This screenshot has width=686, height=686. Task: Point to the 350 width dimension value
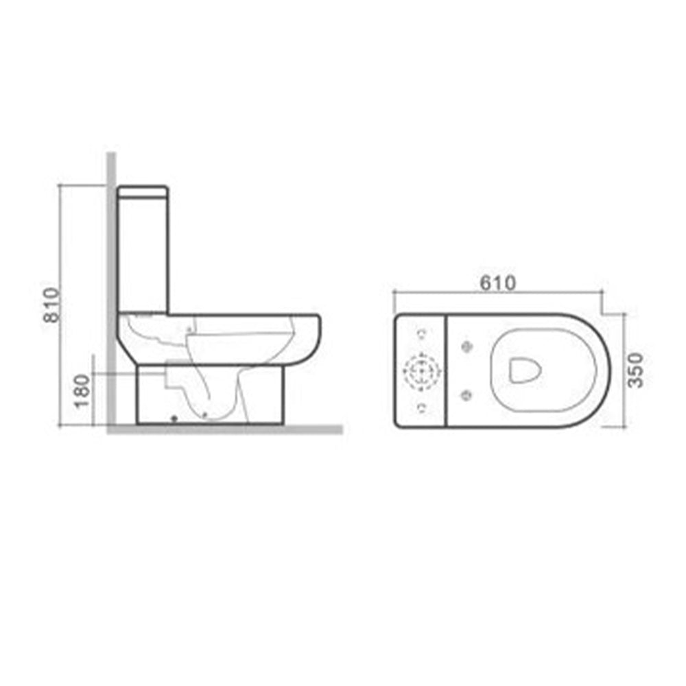pos(636,370)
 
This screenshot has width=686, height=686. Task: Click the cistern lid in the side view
pos(143,191)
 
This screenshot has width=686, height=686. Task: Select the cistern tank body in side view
pos(143,254)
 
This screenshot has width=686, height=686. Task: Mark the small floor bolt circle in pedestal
pos(174,417)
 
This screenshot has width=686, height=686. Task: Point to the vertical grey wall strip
pos(110,288)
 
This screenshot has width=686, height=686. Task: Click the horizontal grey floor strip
pos(226,429)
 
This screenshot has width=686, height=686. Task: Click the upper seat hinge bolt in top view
pos(468,344)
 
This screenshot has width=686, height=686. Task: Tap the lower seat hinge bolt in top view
pos(468,394)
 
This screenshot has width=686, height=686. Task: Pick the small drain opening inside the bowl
pos(525,370)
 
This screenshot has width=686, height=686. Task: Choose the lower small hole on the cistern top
pos(420,408)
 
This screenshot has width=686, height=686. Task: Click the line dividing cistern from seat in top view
pos(447,370)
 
